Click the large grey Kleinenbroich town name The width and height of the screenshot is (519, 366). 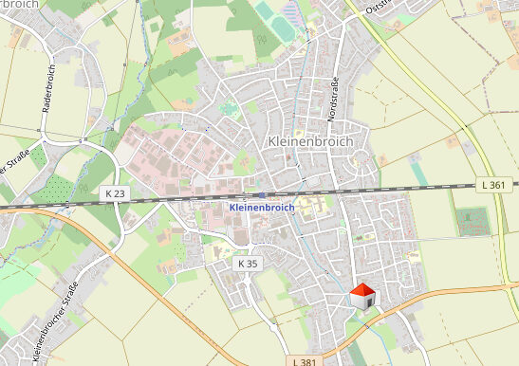(310, 141)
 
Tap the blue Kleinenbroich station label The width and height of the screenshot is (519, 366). (262, 206)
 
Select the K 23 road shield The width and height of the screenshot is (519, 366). (115, 192)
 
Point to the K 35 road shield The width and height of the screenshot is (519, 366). (248, 262)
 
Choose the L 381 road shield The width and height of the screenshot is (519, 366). (305, 360)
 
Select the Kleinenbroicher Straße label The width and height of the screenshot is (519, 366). (54, 322)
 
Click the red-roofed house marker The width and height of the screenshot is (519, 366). (362, 296)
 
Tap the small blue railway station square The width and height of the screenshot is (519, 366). (261, 193)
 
